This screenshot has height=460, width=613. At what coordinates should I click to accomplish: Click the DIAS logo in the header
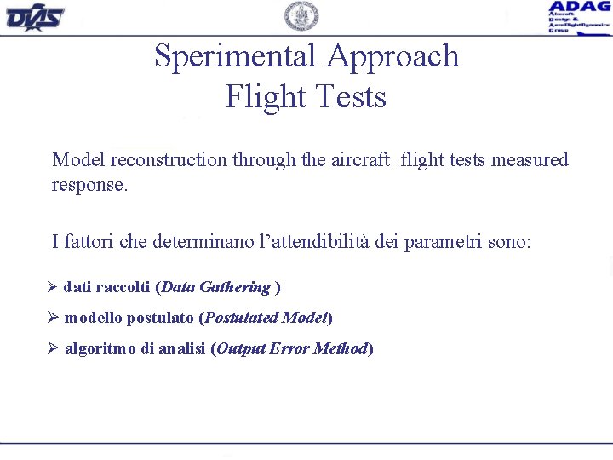(35, 16)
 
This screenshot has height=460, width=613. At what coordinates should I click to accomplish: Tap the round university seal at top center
(301, 16)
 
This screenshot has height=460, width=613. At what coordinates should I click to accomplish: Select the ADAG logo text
(579, 7)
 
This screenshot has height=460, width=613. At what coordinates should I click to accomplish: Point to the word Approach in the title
(393, 56)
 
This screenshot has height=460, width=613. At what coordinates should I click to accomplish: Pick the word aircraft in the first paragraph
(359, 160)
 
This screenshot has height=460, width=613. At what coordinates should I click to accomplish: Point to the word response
(89, 185)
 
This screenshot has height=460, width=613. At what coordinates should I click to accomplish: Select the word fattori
(89, 242)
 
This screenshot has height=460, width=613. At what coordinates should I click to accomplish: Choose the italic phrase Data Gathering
(215, 288)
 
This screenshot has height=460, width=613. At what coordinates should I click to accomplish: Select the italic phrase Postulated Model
(266, 319)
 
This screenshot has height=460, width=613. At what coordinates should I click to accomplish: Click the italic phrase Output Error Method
(292, 348)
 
